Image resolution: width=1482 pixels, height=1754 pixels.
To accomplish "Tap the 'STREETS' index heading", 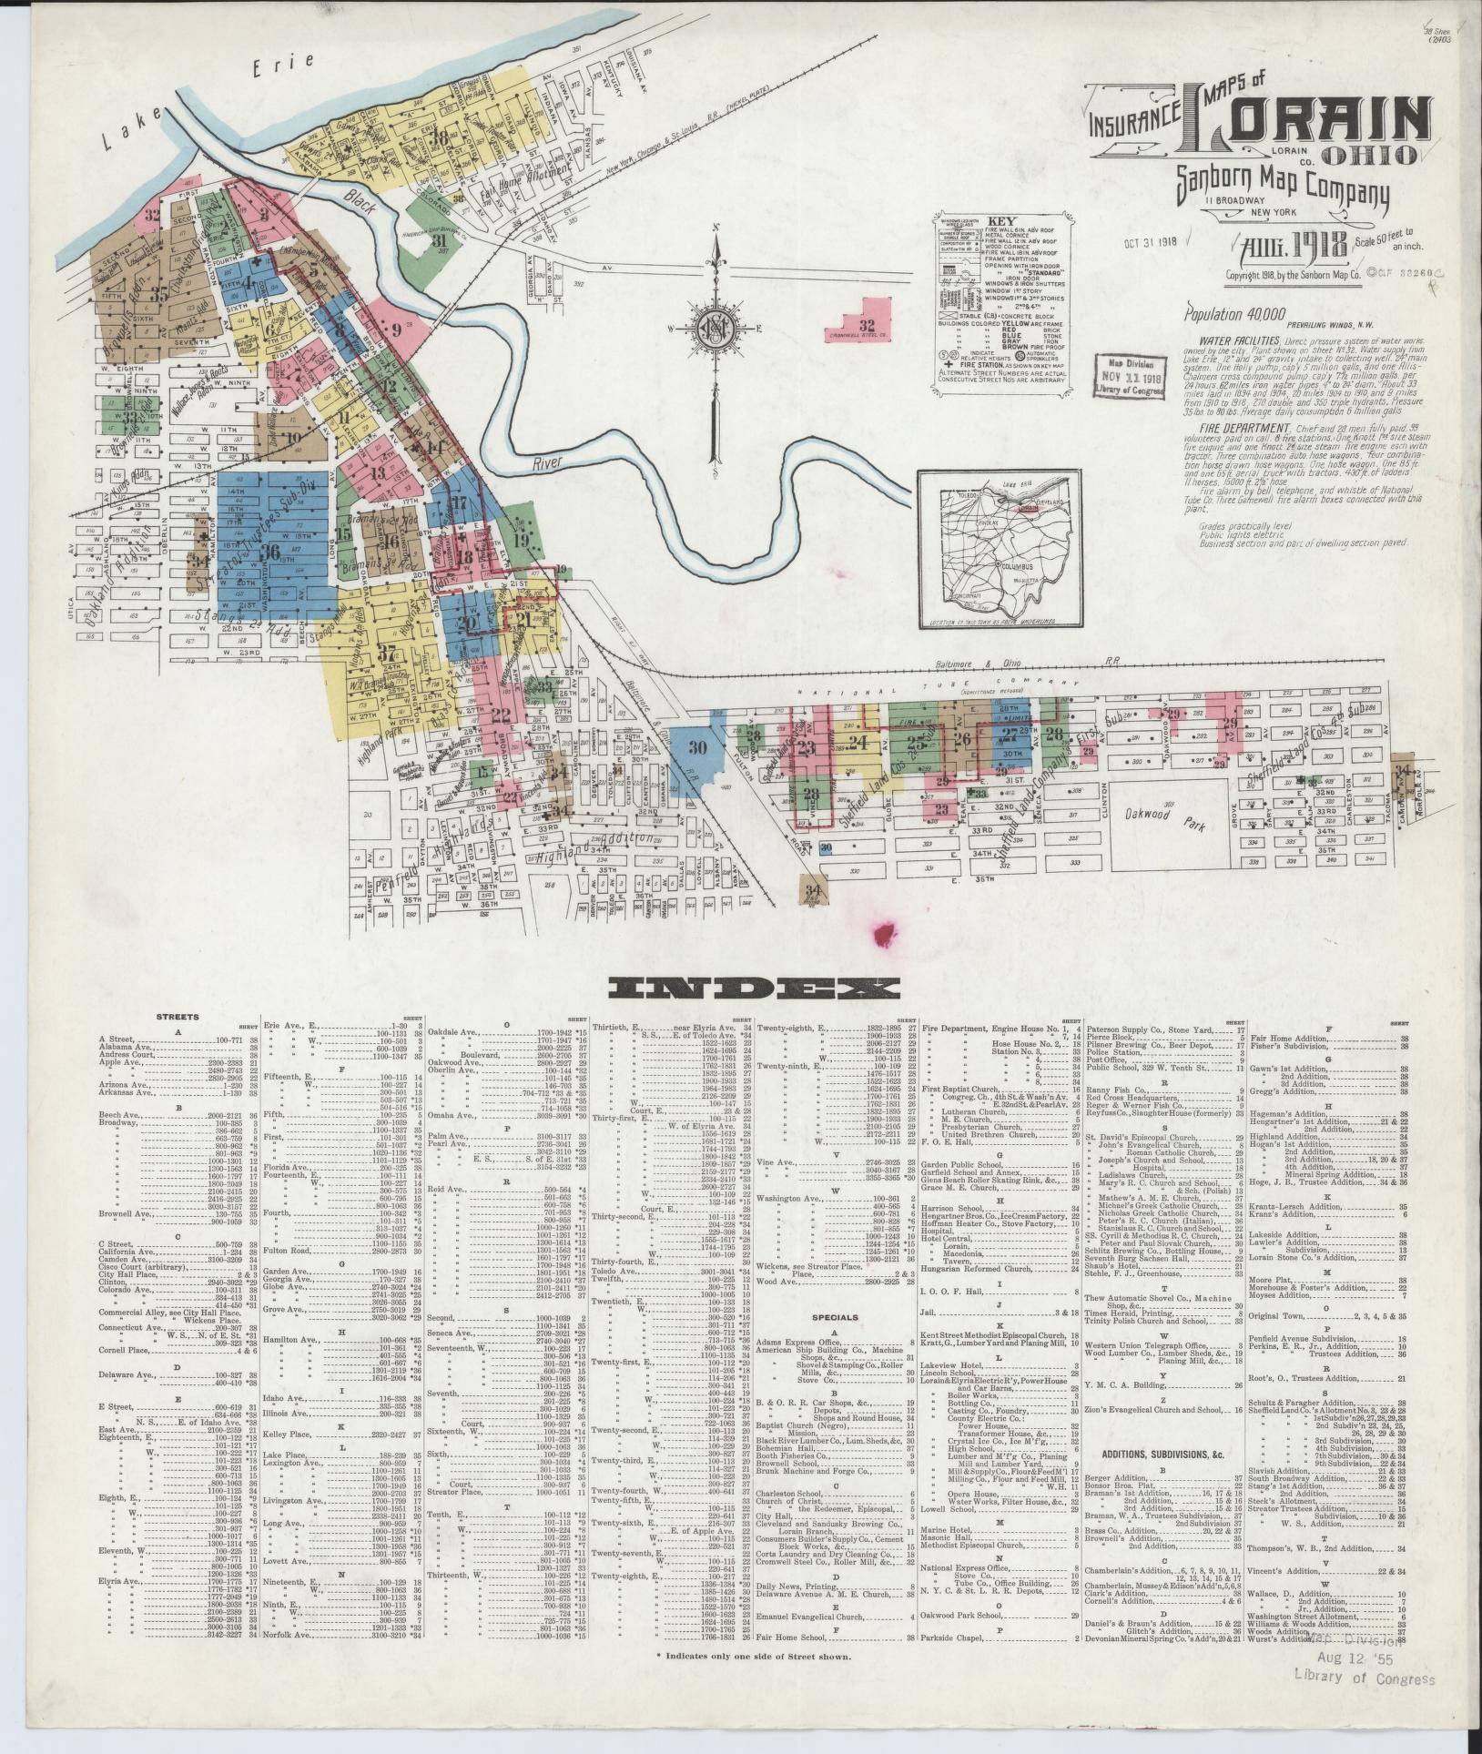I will pos(178,1017).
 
